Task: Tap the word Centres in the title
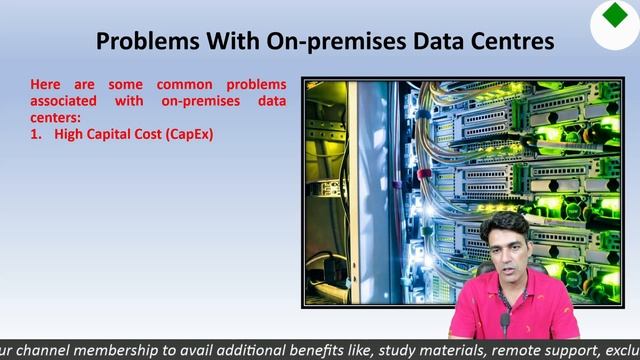507,41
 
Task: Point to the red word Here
48,85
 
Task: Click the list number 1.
36,134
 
